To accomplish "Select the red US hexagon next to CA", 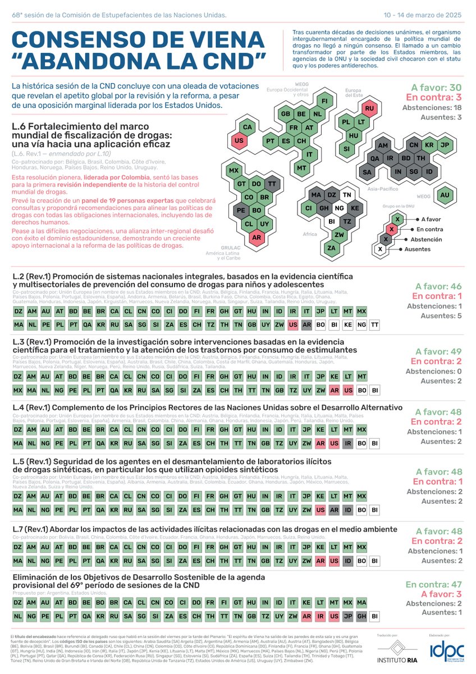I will coord(239,140).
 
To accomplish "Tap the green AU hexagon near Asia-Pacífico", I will coord(445,195).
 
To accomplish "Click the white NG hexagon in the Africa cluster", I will coord(338,208).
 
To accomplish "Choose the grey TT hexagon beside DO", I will coord(272,184).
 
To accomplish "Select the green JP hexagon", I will coord(445,145).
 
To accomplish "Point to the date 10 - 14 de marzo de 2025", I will coord(427,14).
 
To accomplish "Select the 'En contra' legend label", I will coord(429,229).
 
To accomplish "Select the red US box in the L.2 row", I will coord(292,325).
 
